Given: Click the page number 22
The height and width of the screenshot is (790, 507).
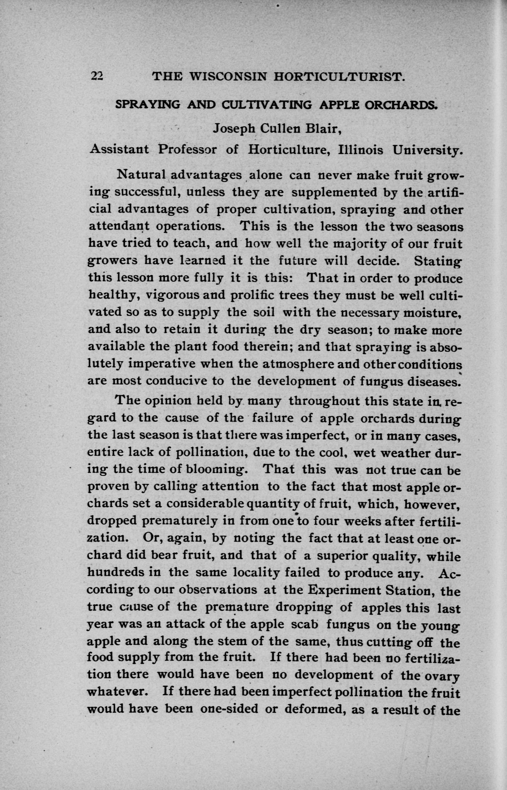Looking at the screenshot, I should point(97,76).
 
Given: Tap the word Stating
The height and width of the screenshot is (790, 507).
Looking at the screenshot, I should point(438,261).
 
